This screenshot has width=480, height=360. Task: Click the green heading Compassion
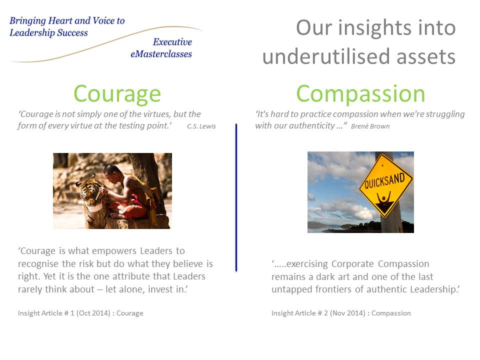pos(360,94)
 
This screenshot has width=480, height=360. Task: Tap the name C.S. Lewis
pos(201,126)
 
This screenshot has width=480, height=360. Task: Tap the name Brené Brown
pos(370,126)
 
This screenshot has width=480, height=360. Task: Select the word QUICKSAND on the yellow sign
pos(384,180)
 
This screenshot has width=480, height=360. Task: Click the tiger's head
pos(89,193)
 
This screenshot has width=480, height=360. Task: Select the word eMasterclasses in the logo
pos(161,54)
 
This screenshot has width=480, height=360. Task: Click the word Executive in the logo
pos(172,42)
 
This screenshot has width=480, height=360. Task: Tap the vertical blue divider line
pos(236,197)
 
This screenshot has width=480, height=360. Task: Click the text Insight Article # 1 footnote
pos(80,313)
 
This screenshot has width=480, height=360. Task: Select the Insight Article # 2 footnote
pos(341,313)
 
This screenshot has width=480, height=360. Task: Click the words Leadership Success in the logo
pos(48,33)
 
